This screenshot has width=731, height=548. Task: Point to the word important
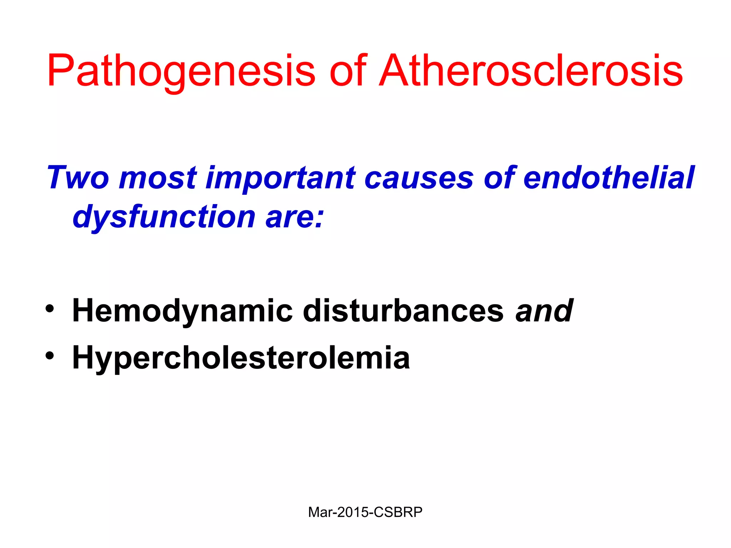point(281,178)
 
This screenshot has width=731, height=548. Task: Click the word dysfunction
point(164,217)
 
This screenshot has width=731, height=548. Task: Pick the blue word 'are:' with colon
point(294,217)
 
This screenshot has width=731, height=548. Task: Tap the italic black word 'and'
point(544,310)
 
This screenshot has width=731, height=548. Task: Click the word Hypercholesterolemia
point(241,358)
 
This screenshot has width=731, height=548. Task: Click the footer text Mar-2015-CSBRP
point(365,512)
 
